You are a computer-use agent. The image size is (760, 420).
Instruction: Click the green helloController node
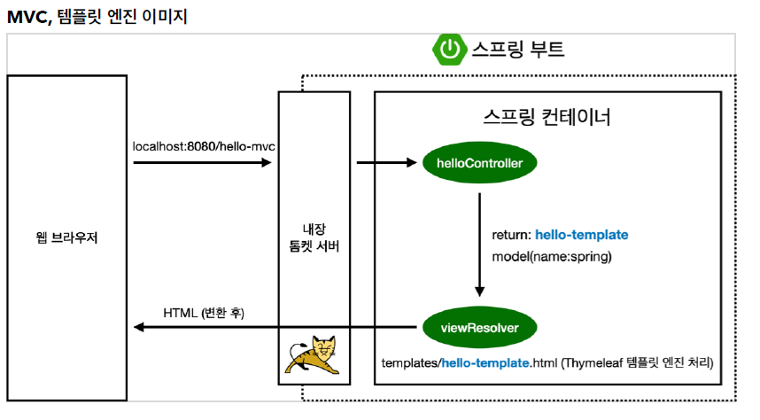(x=479, y=163)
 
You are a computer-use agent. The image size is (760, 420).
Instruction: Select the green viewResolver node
(x=479, y=328)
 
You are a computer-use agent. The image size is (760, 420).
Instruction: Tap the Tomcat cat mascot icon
(x=314, y=356)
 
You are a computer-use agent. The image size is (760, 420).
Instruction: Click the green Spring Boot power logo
(x=449, y=50)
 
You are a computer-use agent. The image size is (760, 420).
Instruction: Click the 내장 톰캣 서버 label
(x=315, y=237)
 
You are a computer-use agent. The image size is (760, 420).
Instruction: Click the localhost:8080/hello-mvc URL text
(x=198, y=145)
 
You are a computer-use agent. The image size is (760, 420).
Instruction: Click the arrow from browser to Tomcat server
(x=200, y=163)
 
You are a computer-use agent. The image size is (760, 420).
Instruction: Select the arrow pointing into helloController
(x=386, y=163)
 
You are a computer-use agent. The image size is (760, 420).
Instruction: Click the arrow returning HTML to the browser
(x=275, y=328)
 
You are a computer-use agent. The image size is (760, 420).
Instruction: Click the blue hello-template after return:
(x=582, y=235)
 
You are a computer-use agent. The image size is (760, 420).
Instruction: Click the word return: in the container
(x=511, y=235)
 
